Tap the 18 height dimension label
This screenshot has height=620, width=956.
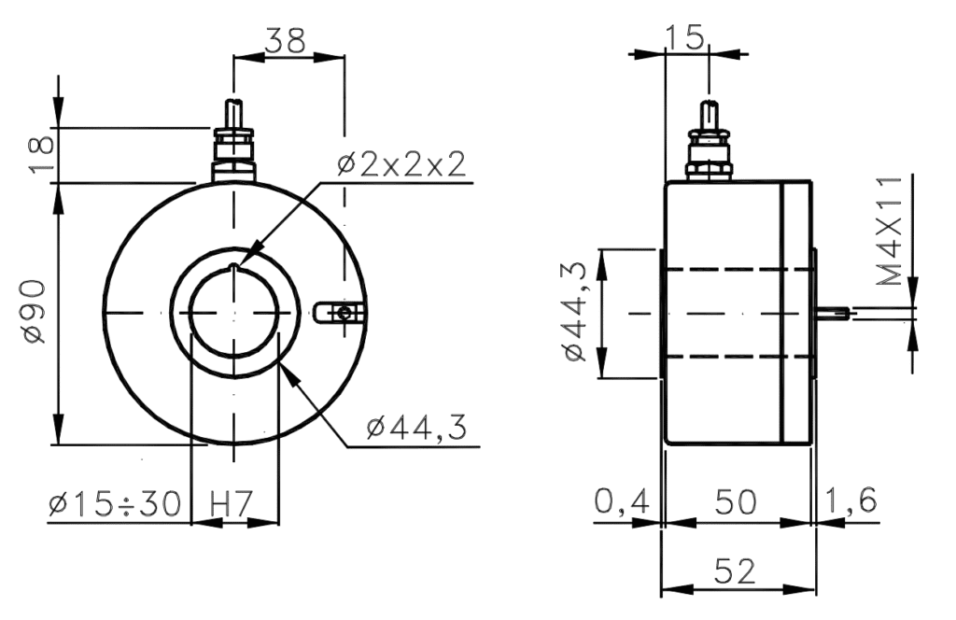(41, 154)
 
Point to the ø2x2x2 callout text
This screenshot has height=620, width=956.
(401, 166)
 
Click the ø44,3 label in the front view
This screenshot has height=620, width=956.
(416, 429)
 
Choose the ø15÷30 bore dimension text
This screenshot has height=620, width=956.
(114, 503)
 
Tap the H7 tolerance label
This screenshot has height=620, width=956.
(232, 503)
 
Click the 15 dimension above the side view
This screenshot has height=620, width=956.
(686, 36)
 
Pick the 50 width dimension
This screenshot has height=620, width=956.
(737, 502)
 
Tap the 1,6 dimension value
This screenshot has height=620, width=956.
(851, 502)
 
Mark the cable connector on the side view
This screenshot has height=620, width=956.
(709, 145)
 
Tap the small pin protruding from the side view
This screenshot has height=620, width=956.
(833, 314)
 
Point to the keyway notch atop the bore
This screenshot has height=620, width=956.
(233, 270)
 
